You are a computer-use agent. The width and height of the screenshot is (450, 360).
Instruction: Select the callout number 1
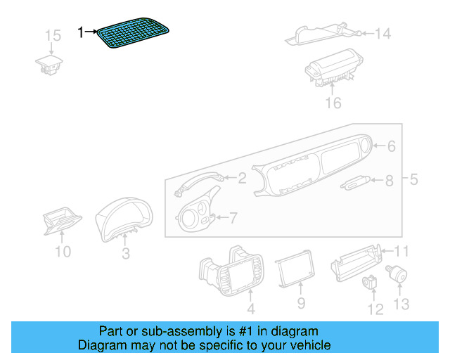[x=81, y=32]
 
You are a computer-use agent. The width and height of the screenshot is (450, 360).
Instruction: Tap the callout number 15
[x=53, y=36]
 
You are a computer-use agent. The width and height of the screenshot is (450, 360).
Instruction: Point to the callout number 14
[x=382, y=33]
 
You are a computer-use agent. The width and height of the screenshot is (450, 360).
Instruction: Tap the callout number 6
[x=392, y=146]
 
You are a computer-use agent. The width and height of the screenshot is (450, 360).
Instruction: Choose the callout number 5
[x=413, y=179]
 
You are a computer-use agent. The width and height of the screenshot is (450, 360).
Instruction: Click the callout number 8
[x=389, y=181]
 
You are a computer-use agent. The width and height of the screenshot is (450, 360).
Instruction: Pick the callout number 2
[x=241, y=179]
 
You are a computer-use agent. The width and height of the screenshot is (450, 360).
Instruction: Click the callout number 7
[x=233, y=218]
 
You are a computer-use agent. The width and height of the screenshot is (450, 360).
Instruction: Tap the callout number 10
[x=63, y=251]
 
